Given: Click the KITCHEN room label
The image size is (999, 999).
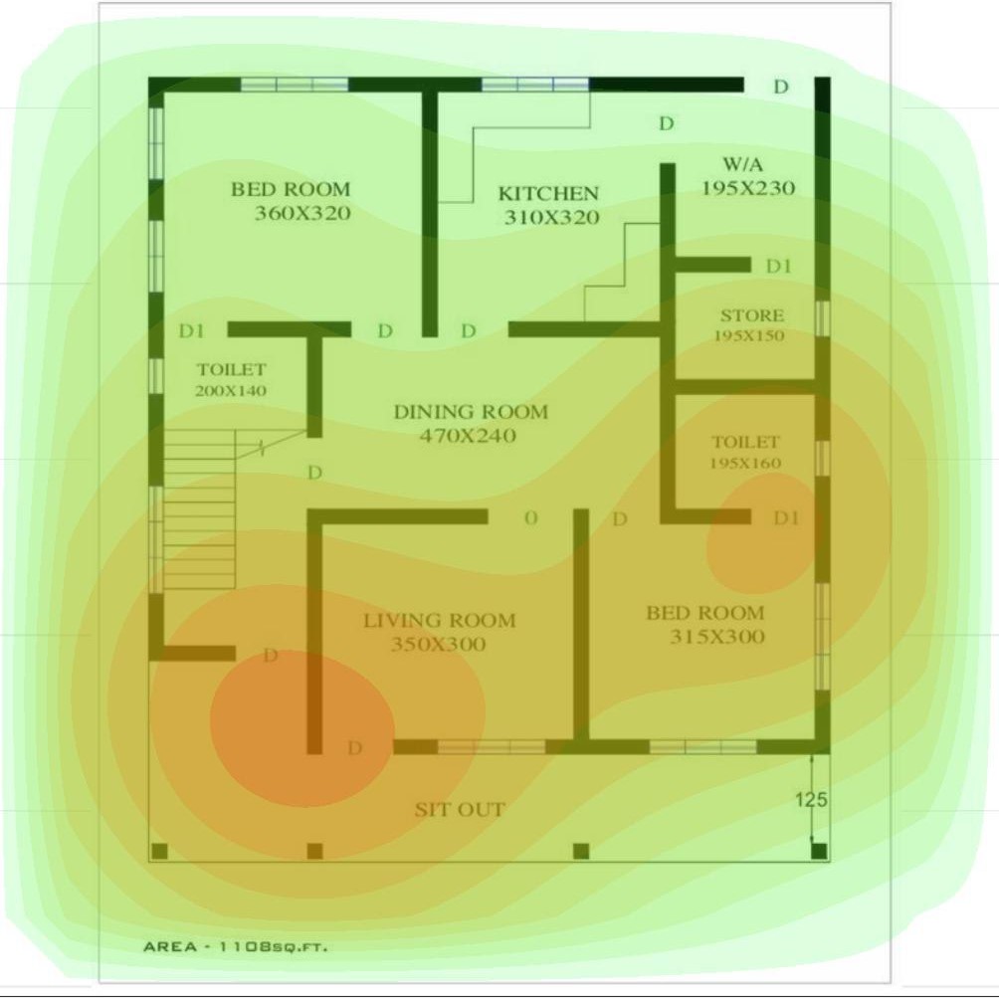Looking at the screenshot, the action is point(548,193).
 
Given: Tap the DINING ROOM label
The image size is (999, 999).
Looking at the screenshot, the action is point(471,412).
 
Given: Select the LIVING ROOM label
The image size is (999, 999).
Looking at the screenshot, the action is point(439,621).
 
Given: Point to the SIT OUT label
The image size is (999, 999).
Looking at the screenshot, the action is point(460,810).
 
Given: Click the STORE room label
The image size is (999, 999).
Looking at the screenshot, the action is point(751,315).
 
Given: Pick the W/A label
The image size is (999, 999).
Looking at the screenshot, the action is point(742,163).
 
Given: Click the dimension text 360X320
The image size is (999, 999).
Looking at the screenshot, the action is point(302,213).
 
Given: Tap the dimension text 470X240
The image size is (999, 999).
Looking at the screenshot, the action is point(468,436).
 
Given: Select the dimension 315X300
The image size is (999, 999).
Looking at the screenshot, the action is point(716,637).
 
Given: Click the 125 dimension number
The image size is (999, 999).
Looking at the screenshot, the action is point(811,799).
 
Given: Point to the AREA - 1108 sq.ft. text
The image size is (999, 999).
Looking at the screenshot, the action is point(235,946).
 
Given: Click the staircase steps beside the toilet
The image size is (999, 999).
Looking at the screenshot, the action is point(199,507).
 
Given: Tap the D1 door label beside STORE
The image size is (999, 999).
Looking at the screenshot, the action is point(779,267).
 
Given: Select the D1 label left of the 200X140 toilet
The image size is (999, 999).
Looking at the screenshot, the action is point(191,330).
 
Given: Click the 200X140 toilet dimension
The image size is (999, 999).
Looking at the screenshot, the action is point(231,391).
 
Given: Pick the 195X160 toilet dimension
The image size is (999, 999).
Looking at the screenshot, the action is point(745,464).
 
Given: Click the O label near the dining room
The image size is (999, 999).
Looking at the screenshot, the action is point(530,517).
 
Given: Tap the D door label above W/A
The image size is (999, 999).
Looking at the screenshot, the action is point(666,124).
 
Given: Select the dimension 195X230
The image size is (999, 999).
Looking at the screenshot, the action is point(748,188).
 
